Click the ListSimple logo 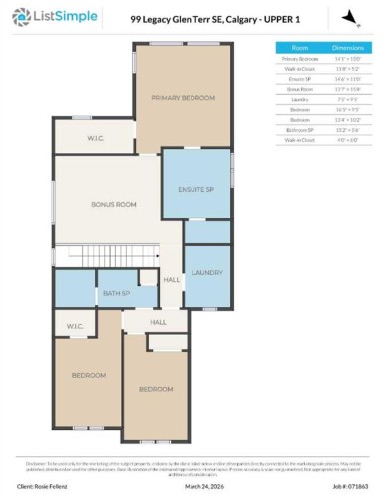pos(55,17)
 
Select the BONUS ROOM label pos(113,204)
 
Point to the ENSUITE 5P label pos(195,188)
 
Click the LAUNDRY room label pos(206,272)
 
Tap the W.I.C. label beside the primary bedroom pos(96,138)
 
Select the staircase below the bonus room pos(105,255)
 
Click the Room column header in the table pos(299,47)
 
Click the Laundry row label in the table pos(299,99)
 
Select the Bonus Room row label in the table pos(299,89)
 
